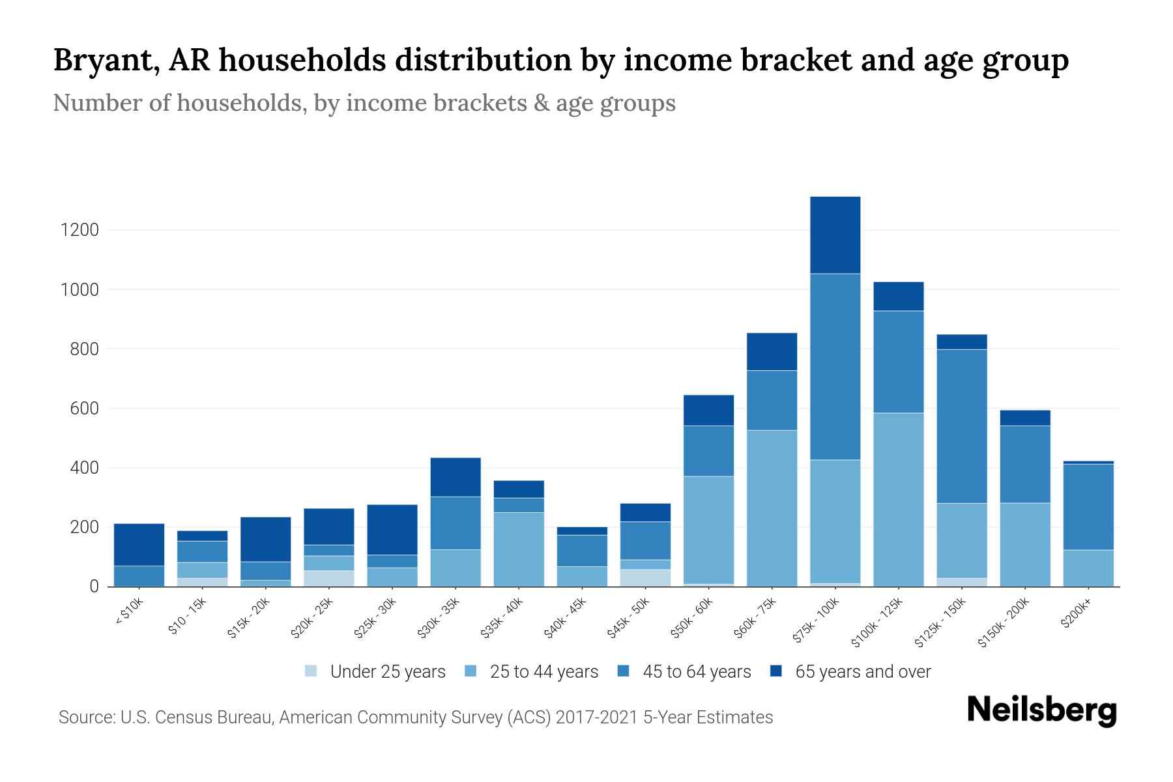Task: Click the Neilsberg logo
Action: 1041,710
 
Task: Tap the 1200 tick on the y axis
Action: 80,230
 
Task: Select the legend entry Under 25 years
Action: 387,672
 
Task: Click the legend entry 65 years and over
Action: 862,672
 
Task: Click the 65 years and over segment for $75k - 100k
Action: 835,235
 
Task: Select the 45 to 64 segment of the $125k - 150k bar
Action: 961,426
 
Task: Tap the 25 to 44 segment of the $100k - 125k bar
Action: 898,499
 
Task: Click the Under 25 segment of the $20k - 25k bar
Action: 328,578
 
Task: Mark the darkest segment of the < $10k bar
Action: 139,545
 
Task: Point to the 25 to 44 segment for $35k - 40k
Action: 519,549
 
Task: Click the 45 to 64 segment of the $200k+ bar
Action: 1088,507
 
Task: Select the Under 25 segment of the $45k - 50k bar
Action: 645,577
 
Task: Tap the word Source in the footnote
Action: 85,717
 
